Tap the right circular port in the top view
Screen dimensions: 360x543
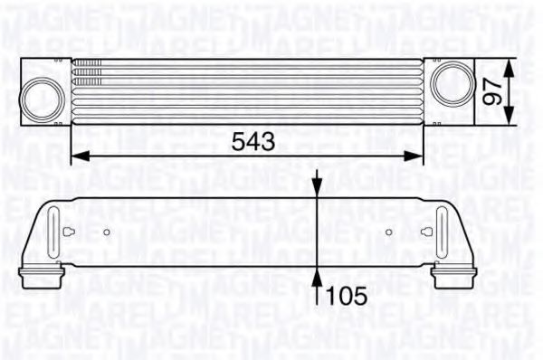tap(448, 84)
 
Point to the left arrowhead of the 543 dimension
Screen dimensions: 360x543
tap(75, 155)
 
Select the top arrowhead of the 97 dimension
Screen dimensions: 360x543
tap(515, 66)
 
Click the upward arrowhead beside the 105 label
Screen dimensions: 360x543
tap(317, 273)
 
